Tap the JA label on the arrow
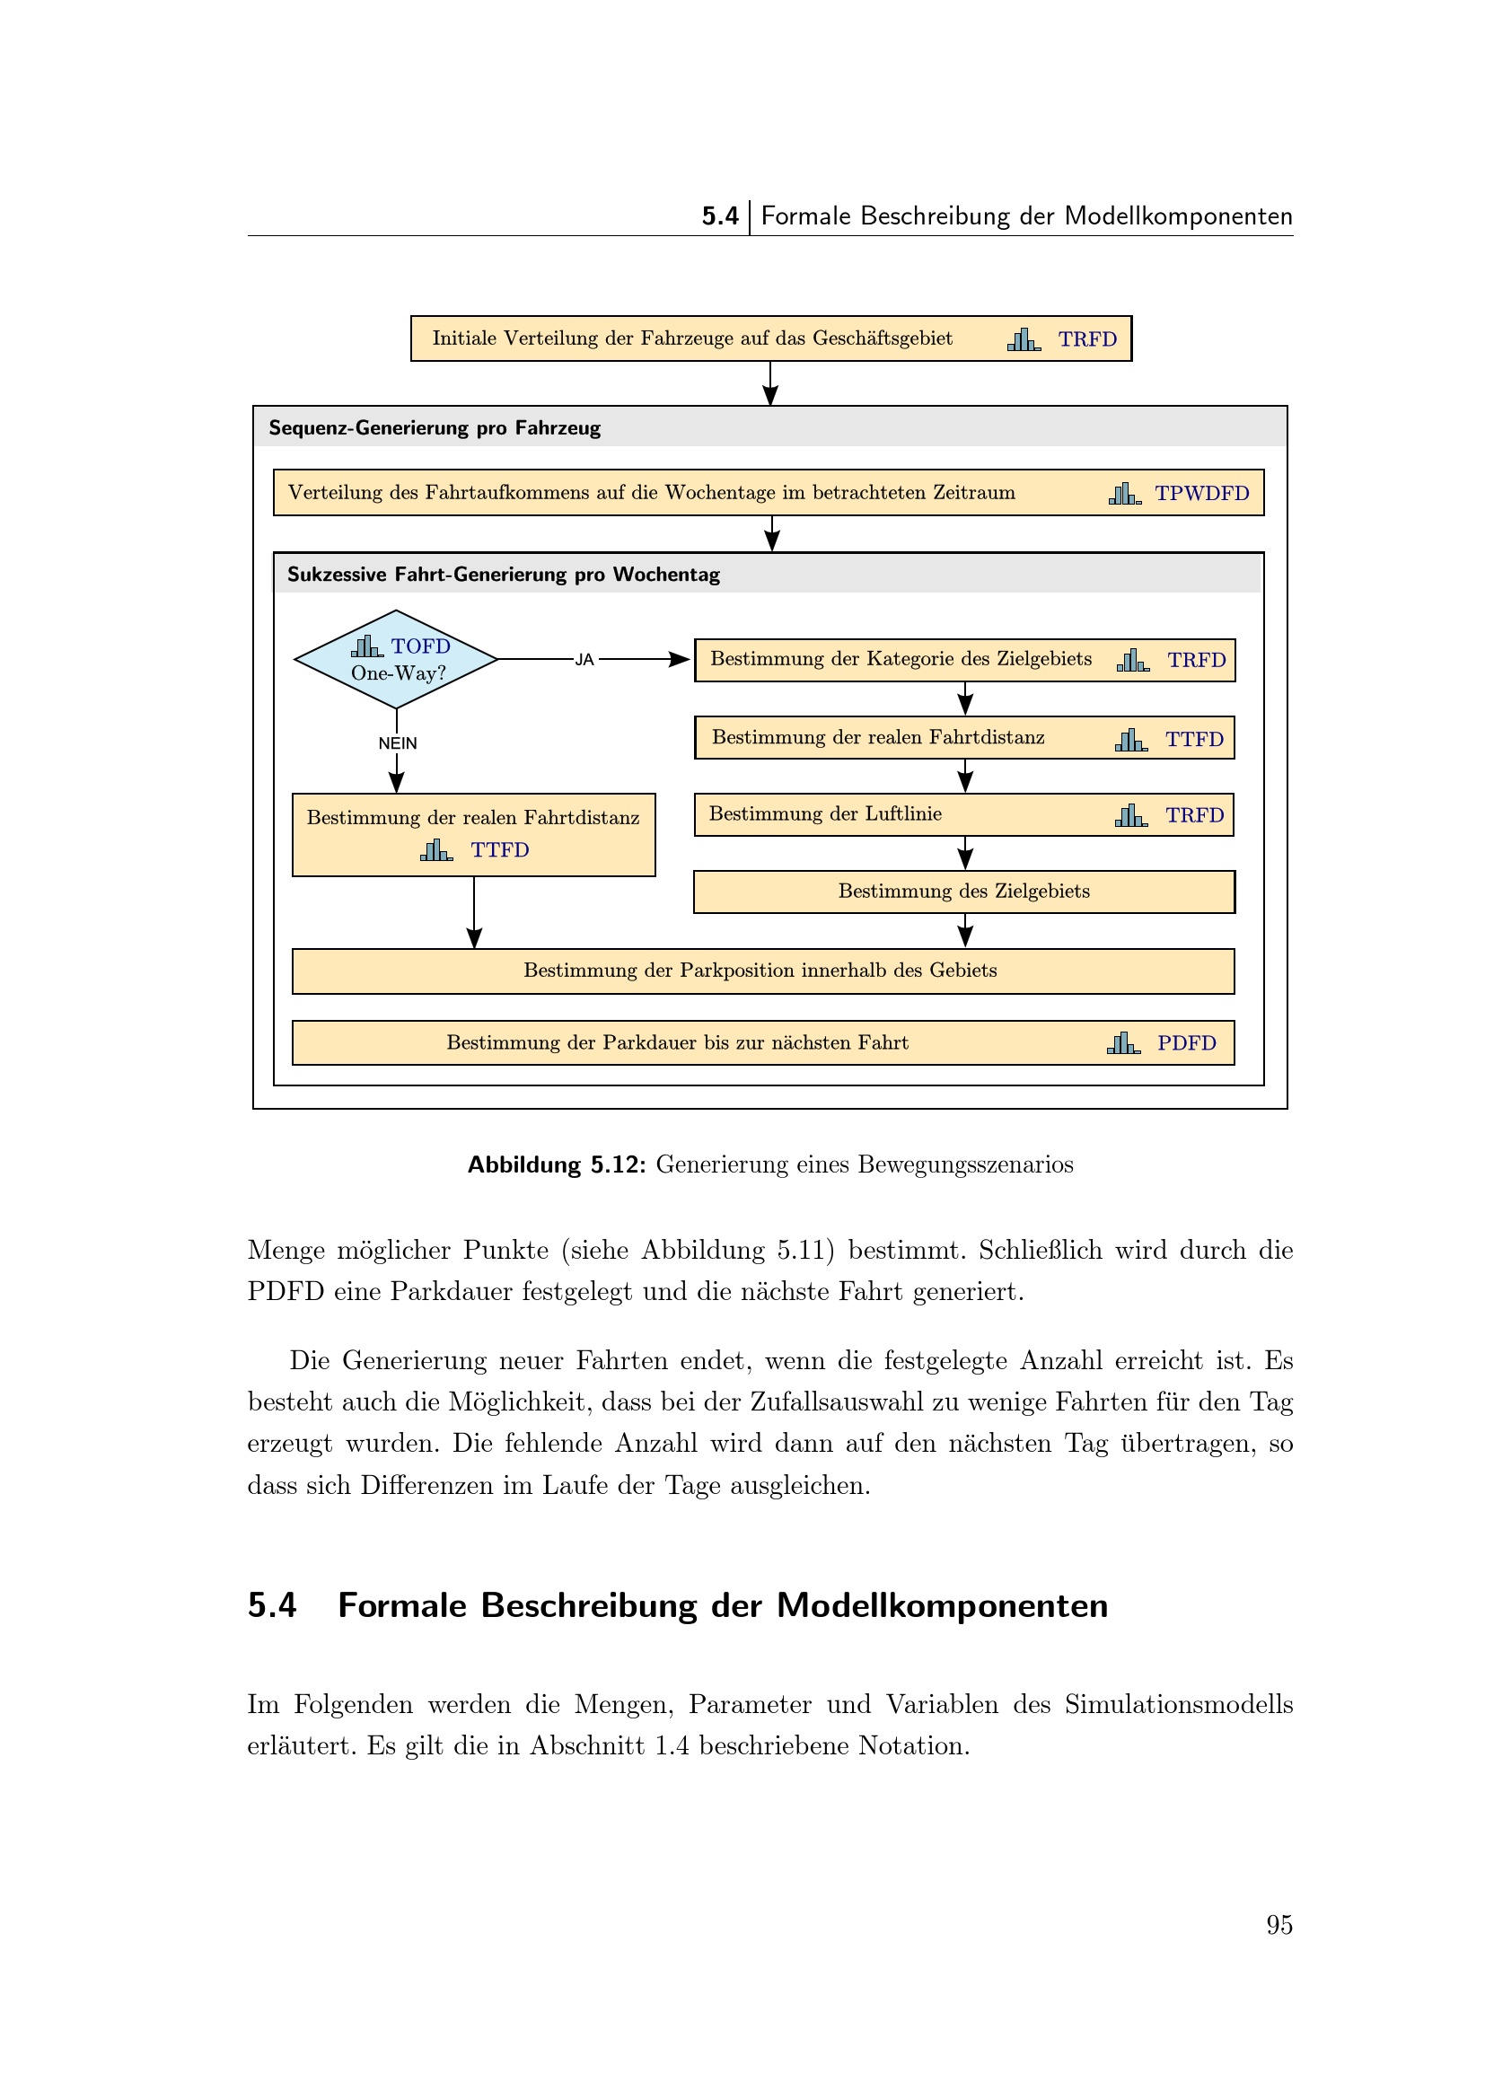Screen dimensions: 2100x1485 [x=584, y=660]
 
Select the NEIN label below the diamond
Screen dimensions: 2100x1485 [x=398, y=742]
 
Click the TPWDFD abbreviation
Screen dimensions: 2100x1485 [x=1201, y=494]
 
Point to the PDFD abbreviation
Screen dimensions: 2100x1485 [x=1186, y=1043]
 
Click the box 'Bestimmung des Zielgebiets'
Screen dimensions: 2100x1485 [x=963, y=892]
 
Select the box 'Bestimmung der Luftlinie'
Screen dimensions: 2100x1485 [x=963, y=815]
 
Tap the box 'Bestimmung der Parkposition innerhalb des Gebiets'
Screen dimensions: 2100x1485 [x=762, y=971]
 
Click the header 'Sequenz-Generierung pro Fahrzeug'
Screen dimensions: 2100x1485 [x=435, y=428]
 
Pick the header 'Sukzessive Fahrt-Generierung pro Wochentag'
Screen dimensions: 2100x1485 [x=503, y=575]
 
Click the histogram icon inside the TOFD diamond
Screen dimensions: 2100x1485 [x=366, y=646]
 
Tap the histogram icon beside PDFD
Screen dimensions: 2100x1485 [x=1123, y=1043]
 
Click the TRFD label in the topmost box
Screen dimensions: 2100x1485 [x=1087, y=339]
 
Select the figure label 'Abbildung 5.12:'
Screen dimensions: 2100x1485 [x=557, y=1164]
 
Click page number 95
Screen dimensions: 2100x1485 [x=1279, y=1925]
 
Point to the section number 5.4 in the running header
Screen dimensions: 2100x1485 [x=720, y=216]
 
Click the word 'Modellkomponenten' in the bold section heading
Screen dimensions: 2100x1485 [x=942, y=1605]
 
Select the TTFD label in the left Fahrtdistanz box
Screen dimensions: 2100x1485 [x=499, y=850]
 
